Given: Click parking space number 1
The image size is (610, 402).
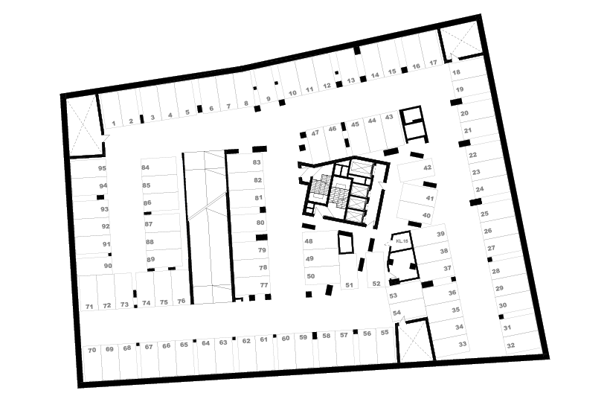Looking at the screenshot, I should (114, 122).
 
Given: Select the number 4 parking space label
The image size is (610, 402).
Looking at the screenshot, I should (170, 115).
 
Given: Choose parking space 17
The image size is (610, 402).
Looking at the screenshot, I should (433, 64).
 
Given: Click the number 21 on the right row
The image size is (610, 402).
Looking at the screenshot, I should (468, 130).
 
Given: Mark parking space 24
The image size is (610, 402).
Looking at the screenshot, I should (480, 189).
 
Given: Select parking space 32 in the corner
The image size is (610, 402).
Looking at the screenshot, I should (510, 345).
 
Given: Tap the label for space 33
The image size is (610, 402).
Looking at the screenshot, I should (463, 345).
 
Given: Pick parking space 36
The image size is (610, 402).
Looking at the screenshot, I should (452, 293).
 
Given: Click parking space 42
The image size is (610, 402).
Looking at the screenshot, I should (427, 168).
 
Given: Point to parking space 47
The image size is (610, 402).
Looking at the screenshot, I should (315, 133).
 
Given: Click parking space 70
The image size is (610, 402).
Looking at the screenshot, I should (91, 349).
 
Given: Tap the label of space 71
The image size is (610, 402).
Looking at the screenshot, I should (89, 305).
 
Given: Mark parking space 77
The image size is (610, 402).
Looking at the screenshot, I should (263, 285).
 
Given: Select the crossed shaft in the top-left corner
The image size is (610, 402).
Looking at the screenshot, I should (82, 123).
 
